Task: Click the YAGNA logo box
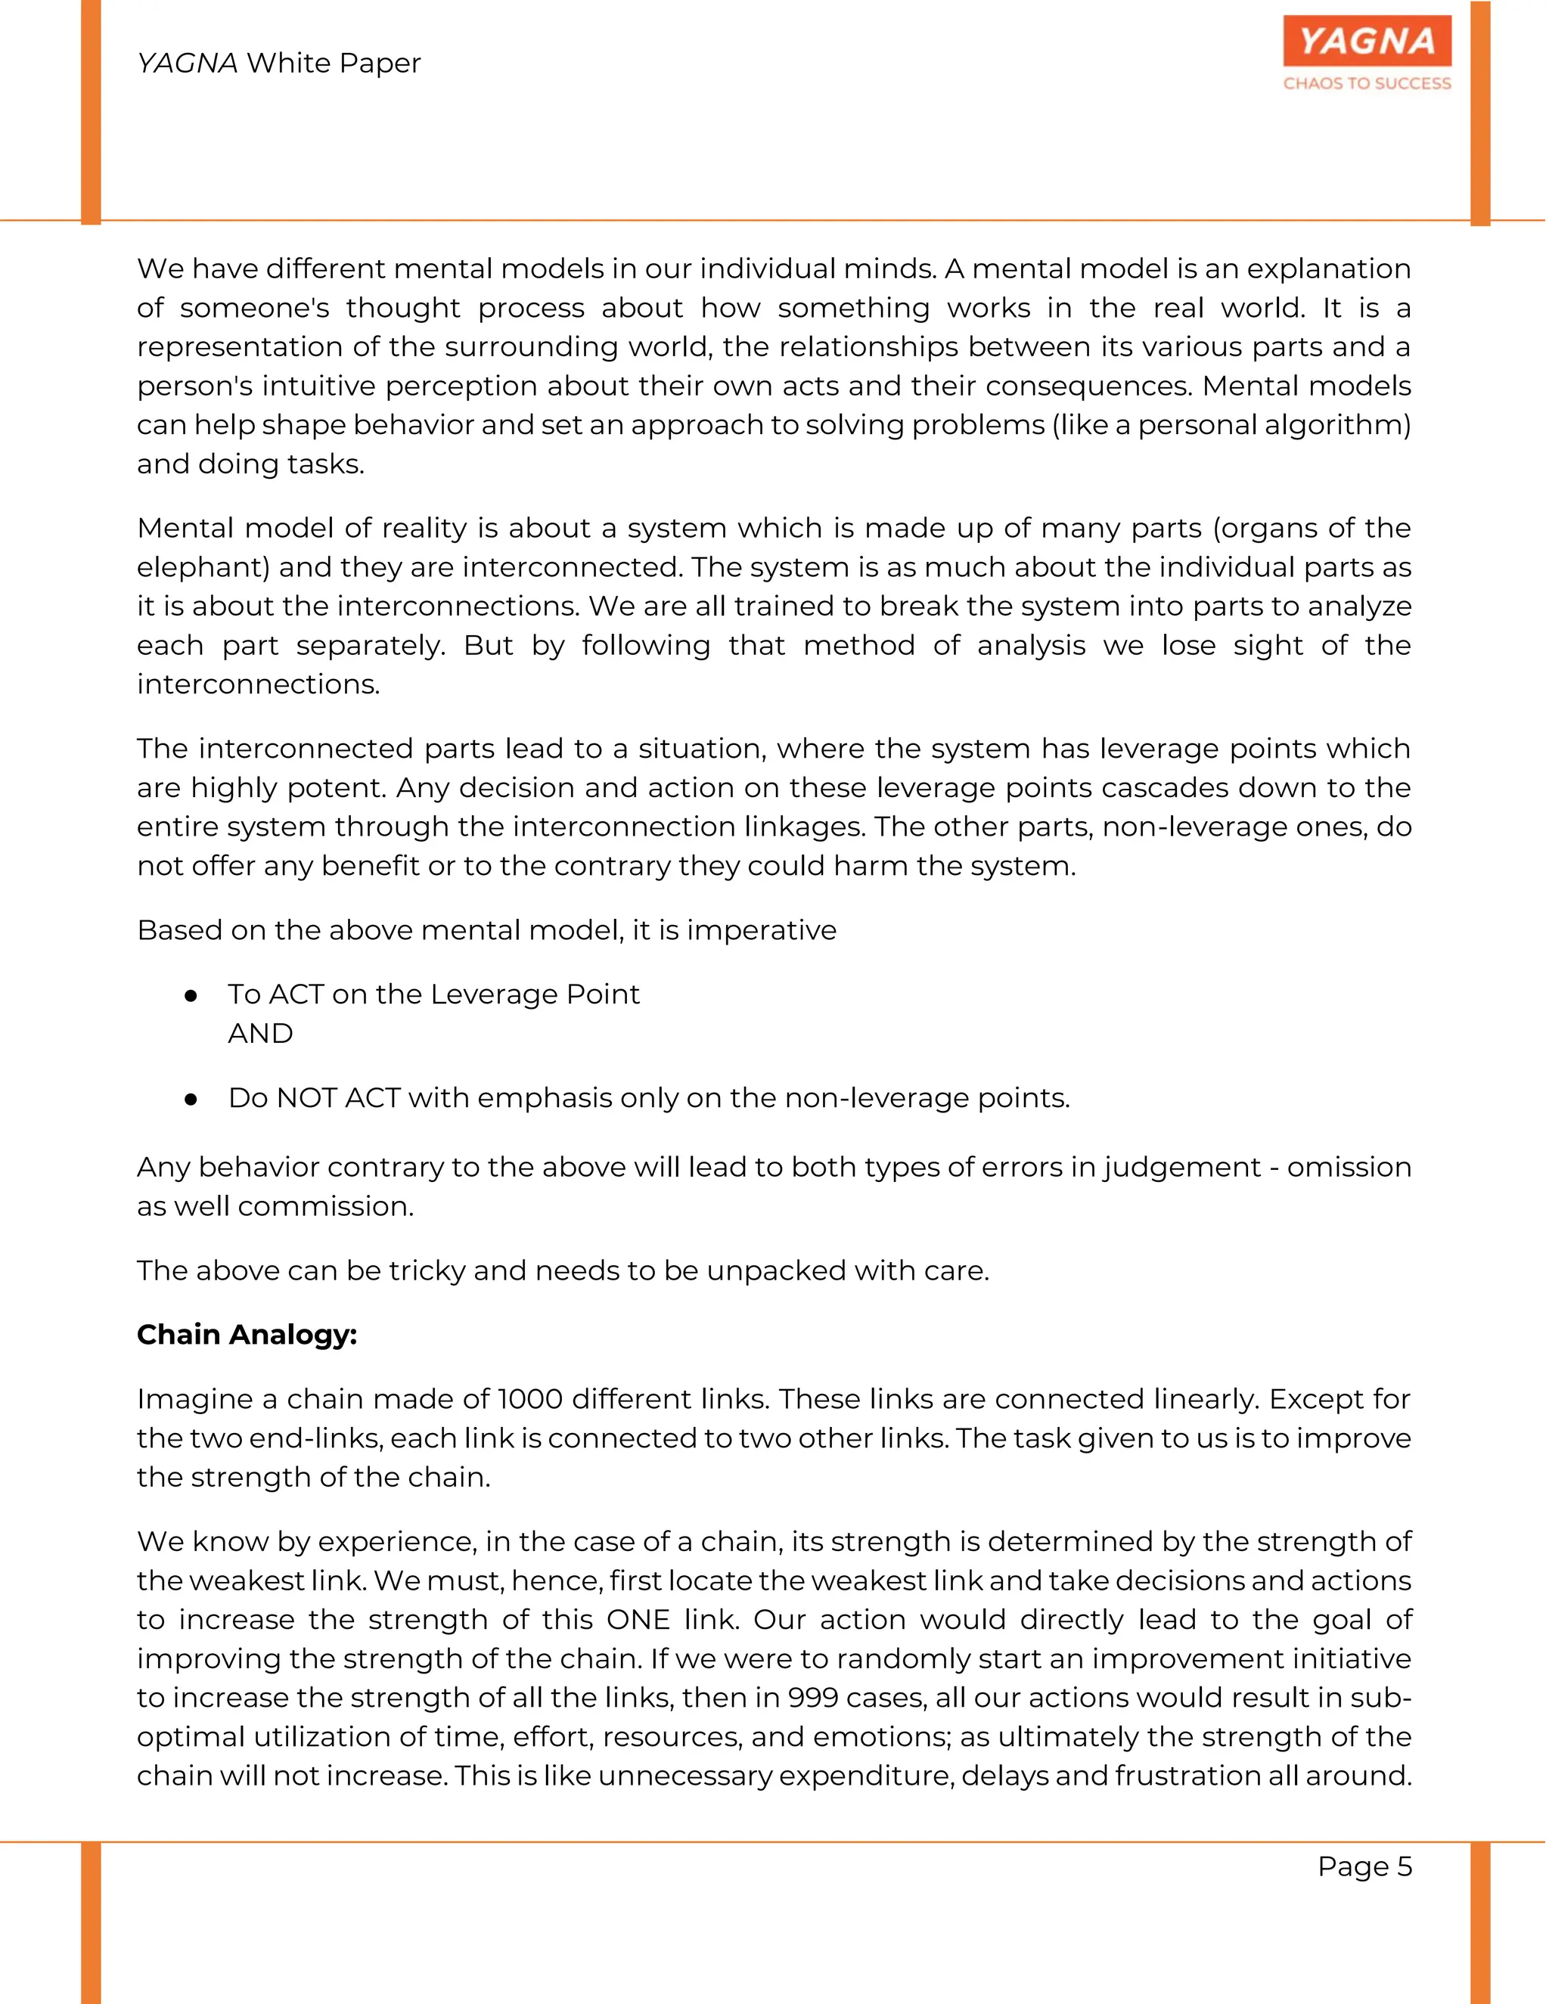[x=1367, y=42]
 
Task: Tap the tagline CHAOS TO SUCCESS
[x=1367, y=83]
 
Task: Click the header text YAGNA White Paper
[x=279, y=64]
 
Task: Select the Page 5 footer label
[x=1364, y=1866]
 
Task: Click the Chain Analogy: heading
[x=247, y=1334]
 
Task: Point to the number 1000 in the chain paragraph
[x=529, y=1399]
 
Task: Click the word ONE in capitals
[x=638, y=1620]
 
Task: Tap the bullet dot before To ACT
[x=191, y=996]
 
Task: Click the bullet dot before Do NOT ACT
[x=191, y=1100]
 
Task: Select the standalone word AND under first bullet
[x=261, y=1034]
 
